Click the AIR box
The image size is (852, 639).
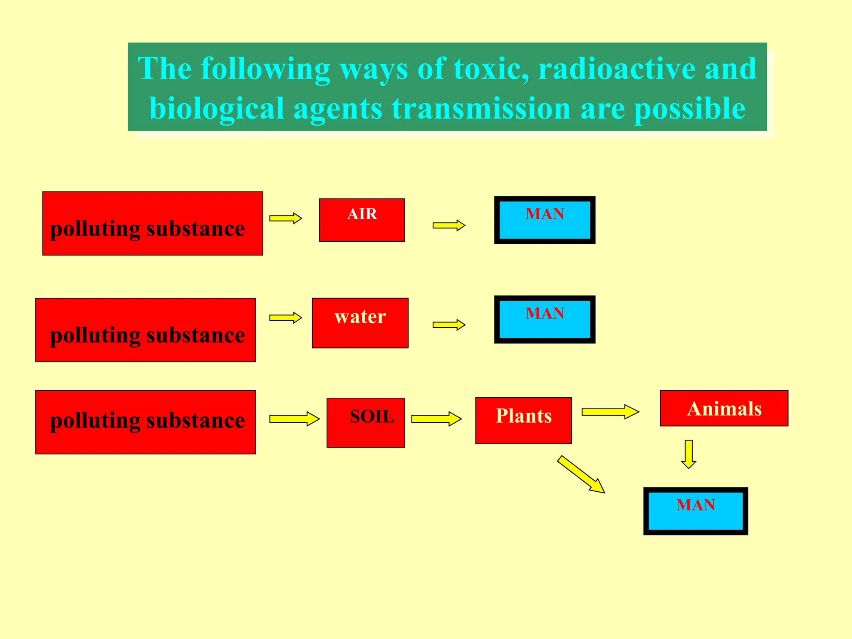click(362, 220)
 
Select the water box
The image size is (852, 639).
click(360, 323)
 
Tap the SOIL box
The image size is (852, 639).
click(366, 423)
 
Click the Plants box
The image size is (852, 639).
click(523, 421)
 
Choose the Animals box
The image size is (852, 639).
click(724, 408)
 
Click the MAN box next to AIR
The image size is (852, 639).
click(545, 220)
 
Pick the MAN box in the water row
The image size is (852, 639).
click(545, 319)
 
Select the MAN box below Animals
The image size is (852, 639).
click(696, 511)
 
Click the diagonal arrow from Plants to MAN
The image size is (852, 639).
click(581, 474)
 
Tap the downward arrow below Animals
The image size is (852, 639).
click(689, 454)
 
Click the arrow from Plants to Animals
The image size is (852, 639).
click(610, 412)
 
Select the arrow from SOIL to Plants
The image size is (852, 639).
click(436, 419)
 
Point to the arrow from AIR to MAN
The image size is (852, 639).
click(448, 225)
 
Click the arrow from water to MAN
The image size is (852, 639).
click(448, 325)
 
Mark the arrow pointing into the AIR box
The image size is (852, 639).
click(285, 218)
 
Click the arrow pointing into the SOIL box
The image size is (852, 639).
click(294, 419)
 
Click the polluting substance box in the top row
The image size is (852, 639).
click(153, 223)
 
